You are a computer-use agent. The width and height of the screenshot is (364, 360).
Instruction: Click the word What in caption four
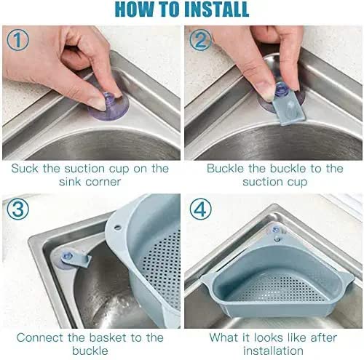[226, 337]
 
